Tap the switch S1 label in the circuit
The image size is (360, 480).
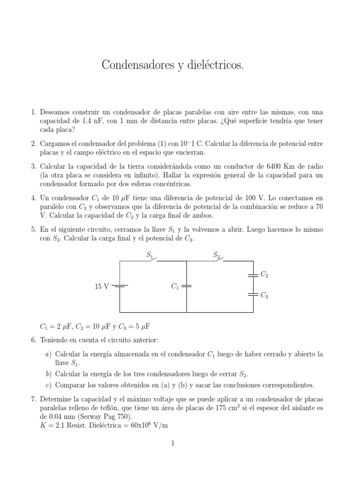click(x=150, y=255)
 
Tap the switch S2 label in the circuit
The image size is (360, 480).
click(x=216, y=255)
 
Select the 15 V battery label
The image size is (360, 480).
click(x=102, y=286)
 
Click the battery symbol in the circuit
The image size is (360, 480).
click(x=120, y=286)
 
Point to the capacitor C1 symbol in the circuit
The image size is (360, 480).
click(x=187, y=286)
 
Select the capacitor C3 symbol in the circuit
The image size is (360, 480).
click(x=253, y=295)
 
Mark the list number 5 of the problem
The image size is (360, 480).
click(x=33, y=230)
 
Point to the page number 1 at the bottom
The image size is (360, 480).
click(x=172, y=443)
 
